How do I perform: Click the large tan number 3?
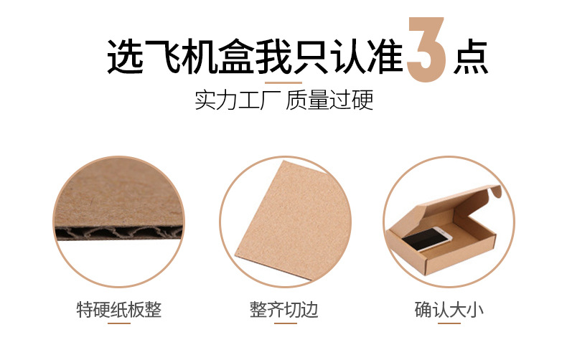[426, 49]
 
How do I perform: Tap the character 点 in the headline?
[471, 57]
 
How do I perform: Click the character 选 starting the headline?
[125, 57]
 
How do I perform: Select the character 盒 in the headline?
[235, 57]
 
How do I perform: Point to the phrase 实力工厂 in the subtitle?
[238, 100]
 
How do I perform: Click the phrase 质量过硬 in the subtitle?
[329, 100]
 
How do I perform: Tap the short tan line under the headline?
[283, 82]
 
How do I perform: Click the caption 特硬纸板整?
[119, 310]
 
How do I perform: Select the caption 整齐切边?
[284, 310]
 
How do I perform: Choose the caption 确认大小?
[449, 310]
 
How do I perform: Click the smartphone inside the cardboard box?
[427, 239]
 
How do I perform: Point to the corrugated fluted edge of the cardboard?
[118, 233]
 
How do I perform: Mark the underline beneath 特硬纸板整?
[119, 323]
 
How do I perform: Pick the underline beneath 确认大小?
[449, 323]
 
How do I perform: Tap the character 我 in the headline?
[273, 57]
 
